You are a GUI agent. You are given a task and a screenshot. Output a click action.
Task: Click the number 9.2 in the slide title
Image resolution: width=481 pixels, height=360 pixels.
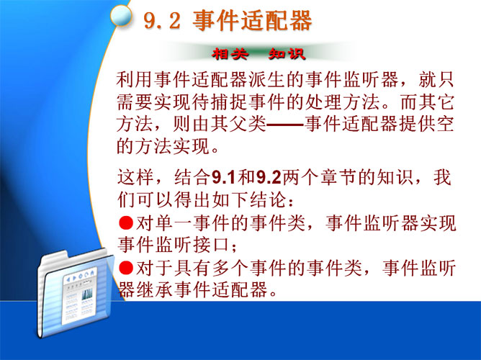pyautogui.click(x=162, y=21)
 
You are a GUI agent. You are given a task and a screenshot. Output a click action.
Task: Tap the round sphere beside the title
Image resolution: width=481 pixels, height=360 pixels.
pyautogui.click(x=121, y=15)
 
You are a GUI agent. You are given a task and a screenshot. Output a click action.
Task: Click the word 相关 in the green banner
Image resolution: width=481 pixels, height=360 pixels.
pyautogui.click(x=230, y=54)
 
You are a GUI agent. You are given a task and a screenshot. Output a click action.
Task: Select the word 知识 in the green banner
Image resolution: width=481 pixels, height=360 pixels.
pyautogui.click(x=287, y=54)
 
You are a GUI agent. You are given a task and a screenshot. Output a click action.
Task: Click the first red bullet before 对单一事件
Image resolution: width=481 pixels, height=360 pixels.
pyautogui.click(x=126, y=222)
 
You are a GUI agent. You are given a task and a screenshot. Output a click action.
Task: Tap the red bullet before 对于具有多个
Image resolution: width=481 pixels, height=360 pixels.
pyautogui.click(x=126, y=267)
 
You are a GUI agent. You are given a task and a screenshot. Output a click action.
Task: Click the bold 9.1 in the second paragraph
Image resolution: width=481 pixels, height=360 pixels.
pyautogui.click(x=224, y=178)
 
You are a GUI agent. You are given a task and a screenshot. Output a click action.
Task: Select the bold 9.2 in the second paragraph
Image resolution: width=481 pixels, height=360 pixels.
pyautogui.click(x=269, y=178)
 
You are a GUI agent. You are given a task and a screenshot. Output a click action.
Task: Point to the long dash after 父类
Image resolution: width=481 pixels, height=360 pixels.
pyautogui.click(x=285, y=125)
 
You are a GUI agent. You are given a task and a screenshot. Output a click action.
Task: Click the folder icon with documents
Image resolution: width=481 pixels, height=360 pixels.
pyautogui.click(x=75, y=293)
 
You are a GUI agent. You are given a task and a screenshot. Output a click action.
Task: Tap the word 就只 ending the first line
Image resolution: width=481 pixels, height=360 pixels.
pyautogui.click(x=436, y=80)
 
